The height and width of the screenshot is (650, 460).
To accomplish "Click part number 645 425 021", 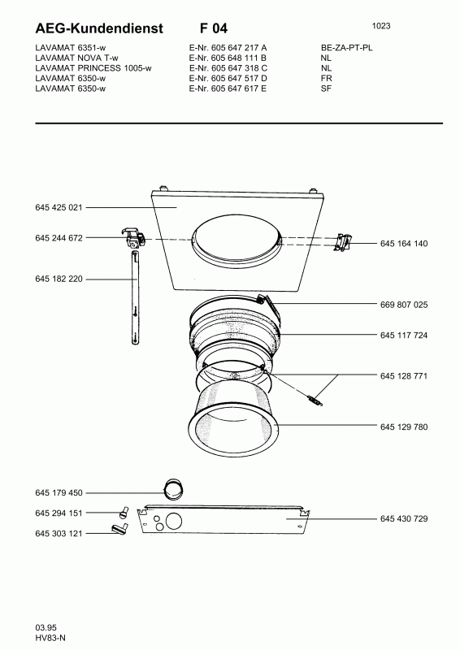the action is click(x=59, y=207).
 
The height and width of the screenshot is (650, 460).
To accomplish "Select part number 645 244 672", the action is click(x=59, y=238).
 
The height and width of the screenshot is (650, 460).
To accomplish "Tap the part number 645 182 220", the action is click(x=59, y=279).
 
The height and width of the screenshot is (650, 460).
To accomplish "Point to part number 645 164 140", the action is click(x=404, y=243).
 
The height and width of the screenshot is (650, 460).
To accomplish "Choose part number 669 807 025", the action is click(x=404, y=305).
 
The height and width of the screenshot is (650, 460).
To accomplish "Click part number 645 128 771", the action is click(x=404, y=376).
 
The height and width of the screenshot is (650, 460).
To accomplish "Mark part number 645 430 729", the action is click(x=404, y=518).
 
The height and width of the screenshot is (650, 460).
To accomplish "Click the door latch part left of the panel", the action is click(x=133, y=238).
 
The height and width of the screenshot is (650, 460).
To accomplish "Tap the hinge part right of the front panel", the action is click(x=344, y=242).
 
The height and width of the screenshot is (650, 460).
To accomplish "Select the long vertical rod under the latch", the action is click(x=135, y=298).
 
